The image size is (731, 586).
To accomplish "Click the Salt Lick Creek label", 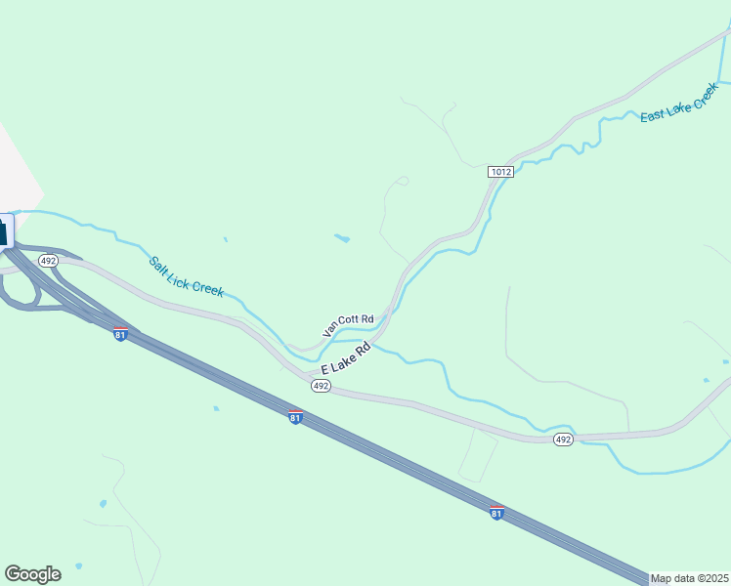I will click(187, 276).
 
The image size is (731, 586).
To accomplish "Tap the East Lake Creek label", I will click(679, 102).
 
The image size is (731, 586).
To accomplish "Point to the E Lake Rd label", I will click(346, 357).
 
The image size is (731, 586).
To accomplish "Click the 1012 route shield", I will click(500, 172).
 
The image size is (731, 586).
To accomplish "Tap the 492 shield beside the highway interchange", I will click(49, 261).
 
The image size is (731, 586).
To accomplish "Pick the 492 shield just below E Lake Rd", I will click(321, 387).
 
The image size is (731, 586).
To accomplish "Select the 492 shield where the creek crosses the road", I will click(562, 439).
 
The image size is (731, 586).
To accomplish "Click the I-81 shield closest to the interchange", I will click(120, 334).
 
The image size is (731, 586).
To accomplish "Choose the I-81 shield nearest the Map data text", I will click(496, 512).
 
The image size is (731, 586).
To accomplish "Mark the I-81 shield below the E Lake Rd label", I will click(295, 417).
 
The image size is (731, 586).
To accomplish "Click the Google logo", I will click(32, 574).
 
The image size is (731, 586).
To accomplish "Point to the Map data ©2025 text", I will click(690, 578).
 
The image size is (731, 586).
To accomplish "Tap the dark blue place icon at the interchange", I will click(3, 231).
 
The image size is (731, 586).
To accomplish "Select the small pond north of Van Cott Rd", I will click(342, 237).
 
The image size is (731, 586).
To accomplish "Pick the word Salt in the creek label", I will click(159, 264).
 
